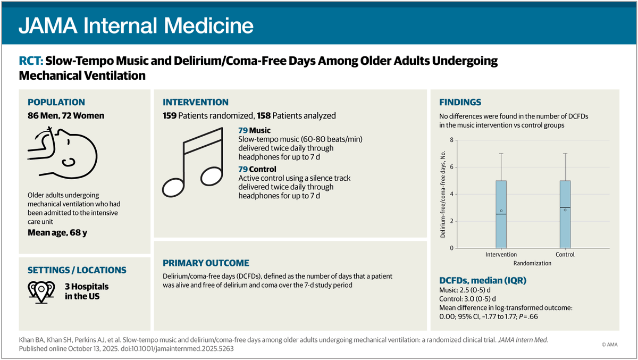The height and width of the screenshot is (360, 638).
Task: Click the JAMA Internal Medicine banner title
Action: point(136,25)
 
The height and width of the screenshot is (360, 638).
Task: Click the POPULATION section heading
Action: point(56,103)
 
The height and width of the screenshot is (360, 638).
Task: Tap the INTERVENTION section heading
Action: point(196,103)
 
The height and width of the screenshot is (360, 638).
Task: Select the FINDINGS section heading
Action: point(460,103)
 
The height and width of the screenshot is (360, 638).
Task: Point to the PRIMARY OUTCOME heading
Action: point(206,263)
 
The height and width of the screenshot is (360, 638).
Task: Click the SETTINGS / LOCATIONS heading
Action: point(77,270)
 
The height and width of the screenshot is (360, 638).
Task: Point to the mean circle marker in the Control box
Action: point(565,210)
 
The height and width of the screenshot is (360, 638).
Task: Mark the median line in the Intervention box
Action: point(501,214)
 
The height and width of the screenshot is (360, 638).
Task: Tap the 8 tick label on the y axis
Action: point(451,140)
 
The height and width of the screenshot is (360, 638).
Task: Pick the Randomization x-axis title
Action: point(533,263)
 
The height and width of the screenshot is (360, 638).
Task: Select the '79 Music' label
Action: point(254,130)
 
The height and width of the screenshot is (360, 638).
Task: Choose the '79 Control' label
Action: point(257,169)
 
